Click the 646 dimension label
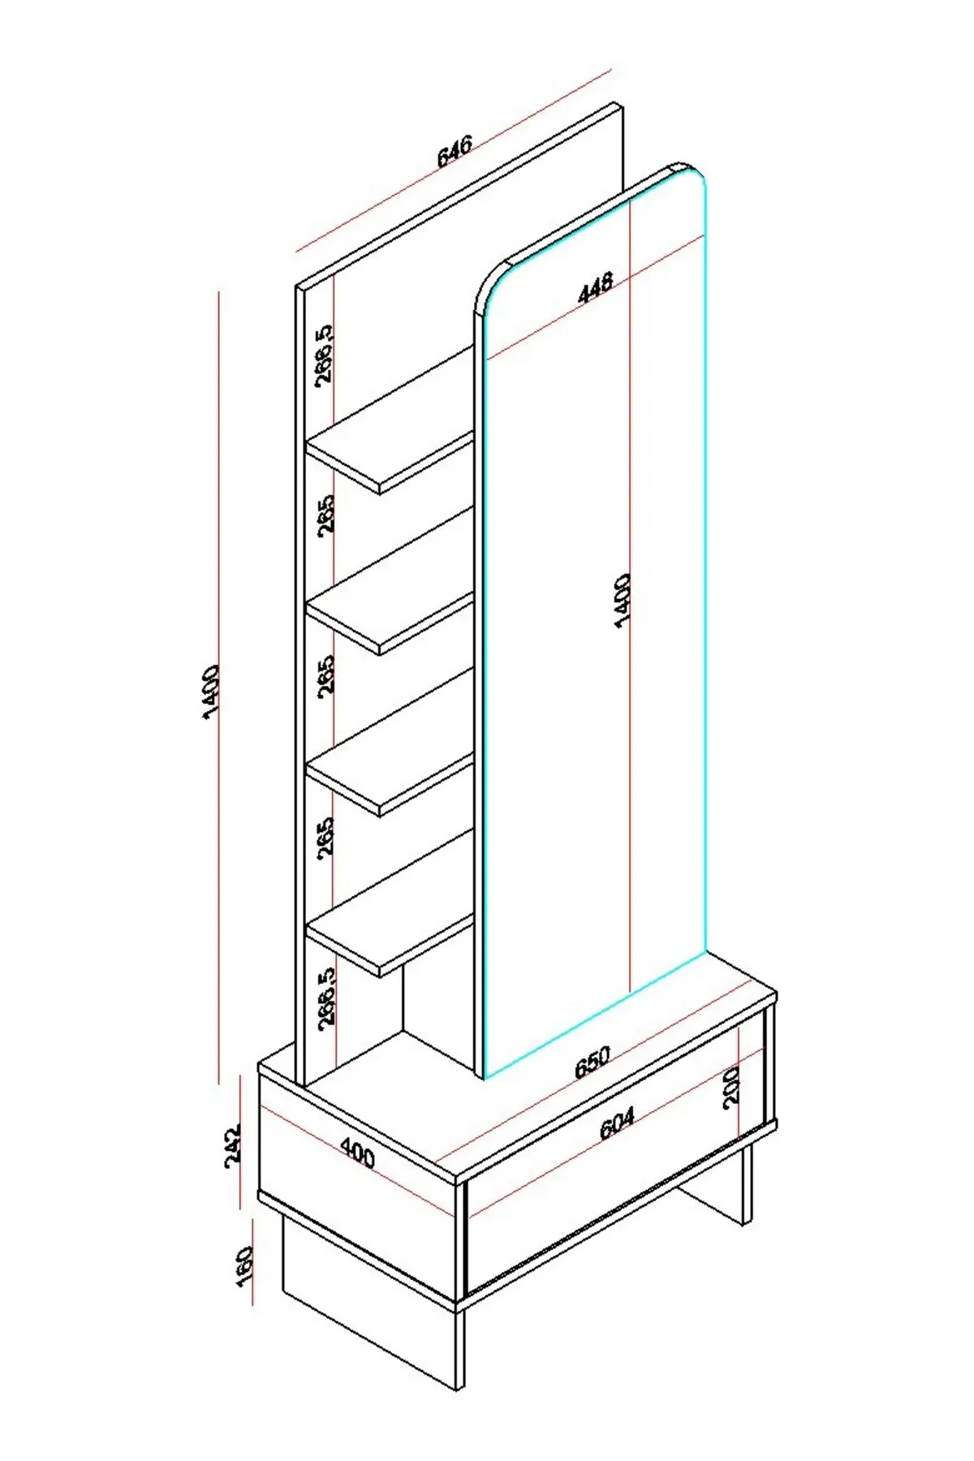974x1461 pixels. click(x=455, y=151)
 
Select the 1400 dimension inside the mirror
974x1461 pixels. click(x=622, y=600)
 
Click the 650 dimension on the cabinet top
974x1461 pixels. click(x=593, y=1062)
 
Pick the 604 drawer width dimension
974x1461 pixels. click(x=617, y=1123)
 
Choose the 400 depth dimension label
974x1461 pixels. click(x=357, y=1152)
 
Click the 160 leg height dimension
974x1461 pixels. click(x=244, y=1266)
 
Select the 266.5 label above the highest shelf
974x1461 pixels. click(x=324, y=354)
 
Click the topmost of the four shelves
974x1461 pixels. click(x=390, y=461)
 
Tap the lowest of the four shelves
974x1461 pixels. click(x=390, y=944)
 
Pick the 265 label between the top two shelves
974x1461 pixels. click(x=325, y=515)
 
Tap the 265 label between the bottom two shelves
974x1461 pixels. click(x=325, y=838)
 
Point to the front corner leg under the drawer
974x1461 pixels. click(x=460, y=1347)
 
